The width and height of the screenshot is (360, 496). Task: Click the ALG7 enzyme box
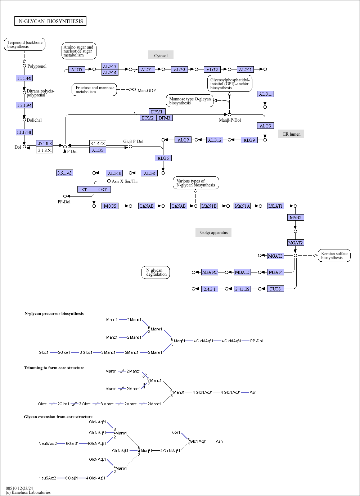tap(77, 69)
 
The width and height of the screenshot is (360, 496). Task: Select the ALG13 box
tap(110, 66)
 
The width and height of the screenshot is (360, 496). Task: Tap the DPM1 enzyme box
tap(157, 112)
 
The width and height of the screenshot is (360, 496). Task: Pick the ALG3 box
tap(265, 126)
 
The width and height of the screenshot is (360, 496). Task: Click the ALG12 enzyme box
tap(215, 140)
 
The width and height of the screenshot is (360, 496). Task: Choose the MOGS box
tap(110, 206)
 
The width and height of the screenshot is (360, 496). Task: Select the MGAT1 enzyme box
tap(276, 206)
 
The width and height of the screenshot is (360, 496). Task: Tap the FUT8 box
tap(275, 289)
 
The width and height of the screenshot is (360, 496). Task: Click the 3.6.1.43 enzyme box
tap(65, 173)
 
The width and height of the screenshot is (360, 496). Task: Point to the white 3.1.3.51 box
tap(45, 150)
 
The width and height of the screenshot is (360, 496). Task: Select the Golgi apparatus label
tap(213, 233)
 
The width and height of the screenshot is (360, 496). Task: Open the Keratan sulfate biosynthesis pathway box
tap(334, 256)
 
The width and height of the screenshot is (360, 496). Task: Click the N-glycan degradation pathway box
tap(156, 272)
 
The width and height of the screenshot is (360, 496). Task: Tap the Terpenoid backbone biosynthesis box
tap(24, 44)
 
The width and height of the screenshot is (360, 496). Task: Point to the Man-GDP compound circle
tap(134, 90)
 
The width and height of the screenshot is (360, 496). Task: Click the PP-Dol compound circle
tap(65, 197)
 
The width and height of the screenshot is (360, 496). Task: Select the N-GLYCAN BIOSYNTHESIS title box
tap(50, 21)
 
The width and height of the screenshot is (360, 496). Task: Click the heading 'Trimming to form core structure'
tap(54, 368)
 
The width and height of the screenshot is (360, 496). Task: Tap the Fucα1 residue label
tap(175, 432)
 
